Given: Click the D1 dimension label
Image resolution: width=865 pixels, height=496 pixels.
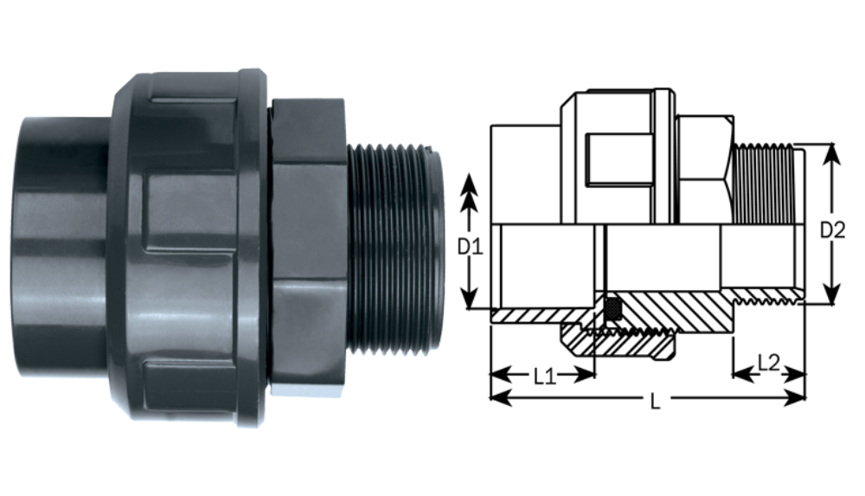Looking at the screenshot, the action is [x=470, y=247].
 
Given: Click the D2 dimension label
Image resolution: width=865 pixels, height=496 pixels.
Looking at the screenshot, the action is [x=832, y=229].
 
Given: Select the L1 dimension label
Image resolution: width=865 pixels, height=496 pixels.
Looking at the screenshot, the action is [x=544, y=377].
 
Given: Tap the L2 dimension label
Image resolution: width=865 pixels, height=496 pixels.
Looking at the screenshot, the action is [x=768, y=363].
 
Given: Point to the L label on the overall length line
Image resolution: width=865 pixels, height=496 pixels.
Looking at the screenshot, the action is [x=655, y=402].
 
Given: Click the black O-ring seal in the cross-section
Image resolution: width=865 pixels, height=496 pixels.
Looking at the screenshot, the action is [x=612, y=308].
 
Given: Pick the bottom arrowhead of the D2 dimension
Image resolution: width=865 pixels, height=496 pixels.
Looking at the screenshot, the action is [x=831, y=293].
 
